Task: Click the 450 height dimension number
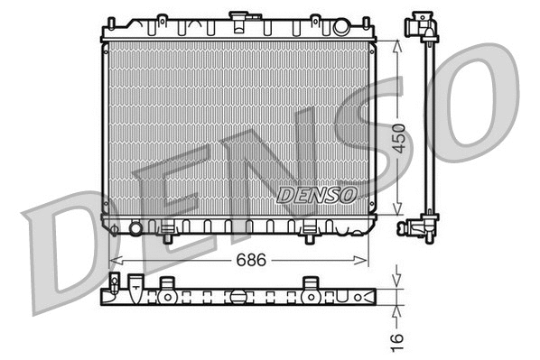point(400,136)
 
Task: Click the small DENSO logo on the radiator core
point(317,193)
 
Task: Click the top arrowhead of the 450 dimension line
point(399,42)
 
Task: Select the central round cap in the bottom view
point(237,295)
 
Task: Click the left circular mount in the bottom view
point(167,295)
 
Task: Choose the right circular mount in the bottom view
point(310,295)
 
